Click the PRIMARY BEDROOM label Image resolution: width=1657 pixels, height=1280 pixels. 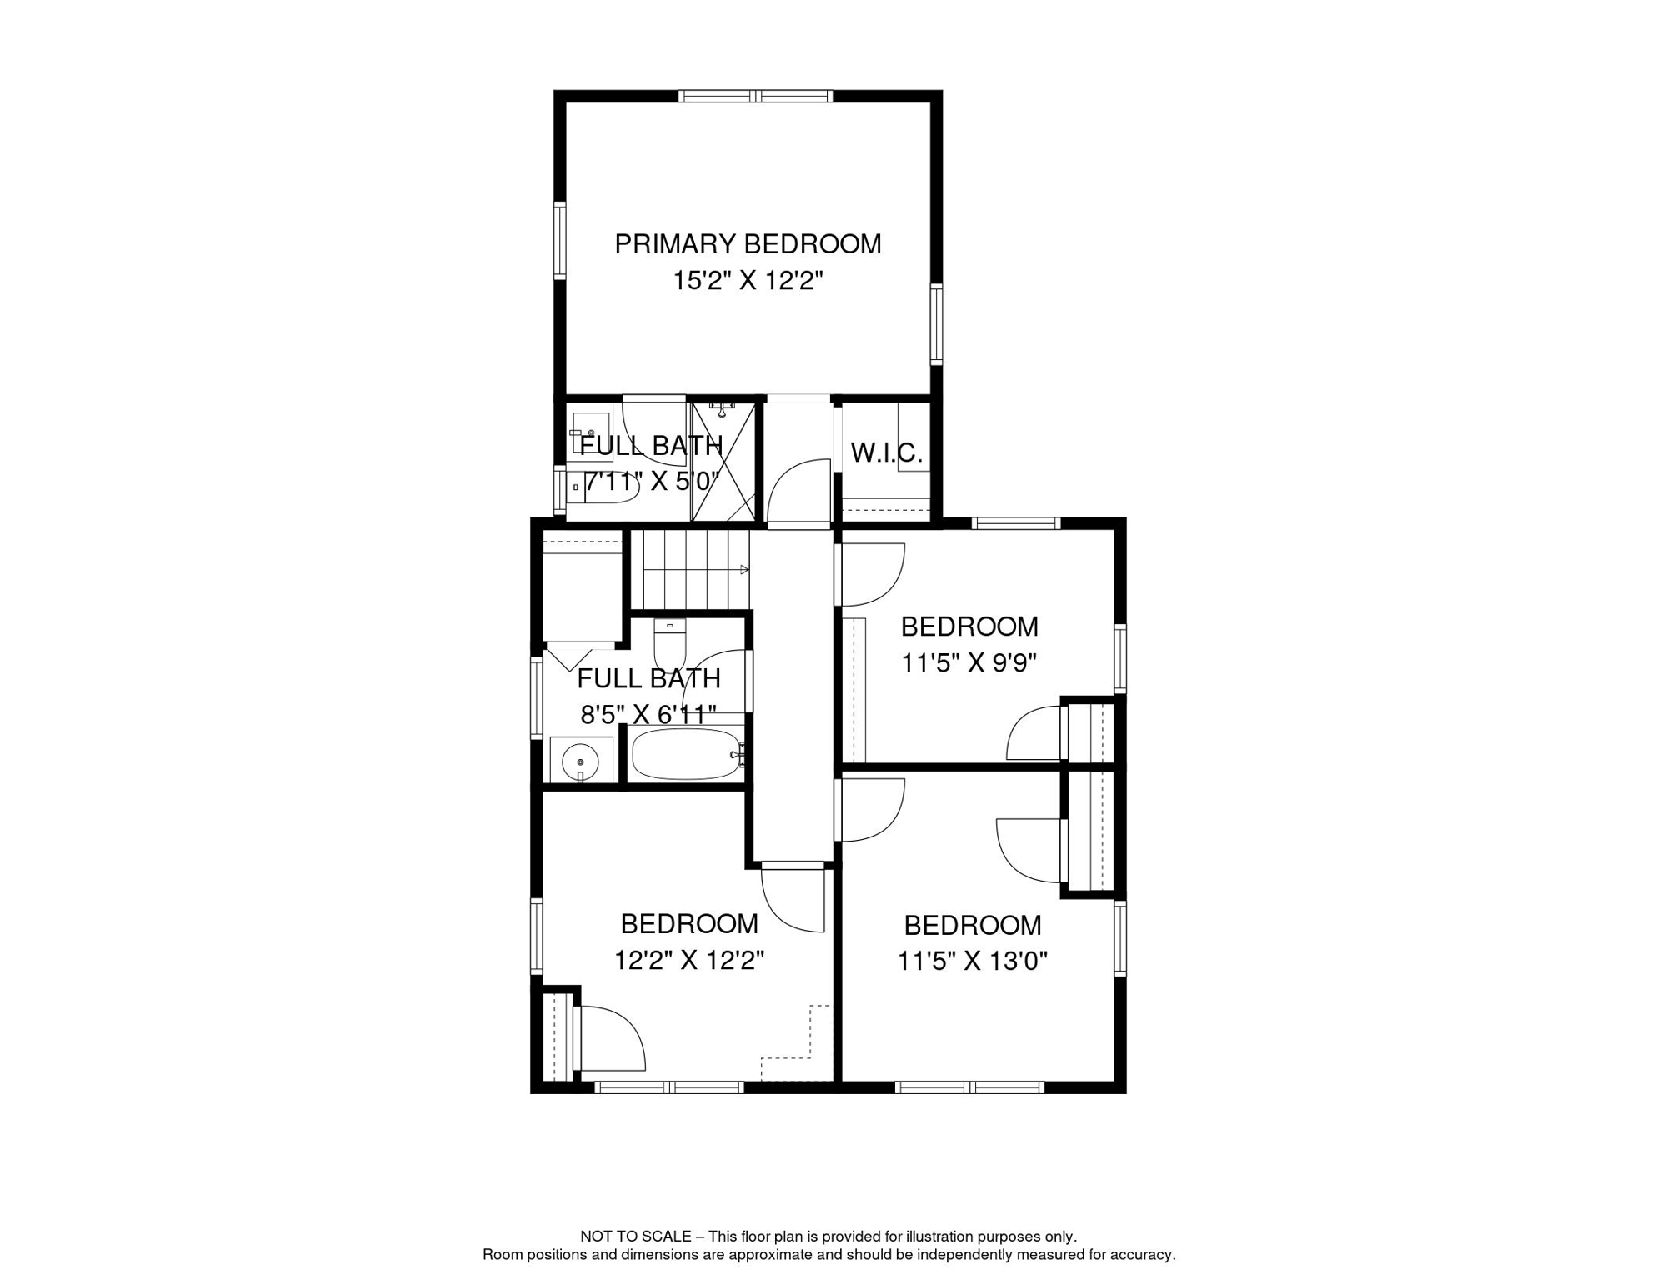pyautogui.click(x=748, y=244)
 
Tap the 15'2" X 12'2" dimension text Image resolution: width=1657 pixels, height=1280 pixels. pyautogui.click(x=748, y=281)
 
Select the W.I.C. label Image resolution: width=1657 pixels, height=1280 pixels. pyautogui.click(x=886, y=453)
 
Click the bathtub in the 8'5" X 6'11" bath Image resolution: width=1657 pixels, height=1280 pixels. pyautogui.click(x=687, y=754)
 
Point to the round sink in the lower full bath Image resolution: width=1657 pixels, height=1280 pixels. pyautogui.click(x=580, y=762)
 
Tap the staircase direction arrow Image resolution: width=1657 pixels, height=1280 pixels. pyautogui.click(x=743, y=570)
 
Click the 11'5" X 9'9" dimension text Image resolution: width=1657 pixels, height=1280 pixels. pyautogui.click(x=969, y=663)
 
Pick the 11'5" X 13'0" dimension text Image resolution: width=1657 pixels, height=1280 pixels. pyautogui.click(x=972, y=962)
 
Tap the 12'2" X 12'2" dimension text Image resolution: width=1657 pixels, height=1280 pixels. pyautogui.click(x=689, y=961)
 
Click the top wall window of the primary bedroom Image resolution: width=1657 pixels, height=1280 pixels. pyautogui.click(x=755, y=97)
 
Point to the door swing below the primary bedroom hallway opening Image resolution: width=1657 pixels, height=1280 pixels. pyautogui.click(x=798, y=491)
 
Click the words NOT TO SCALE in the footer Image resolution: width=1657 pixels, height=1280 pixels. pyautogui.click(x=636, y=1237)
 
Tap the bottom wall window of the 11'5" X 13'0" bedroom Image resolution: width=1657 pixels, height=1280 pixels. pyautogui.click(x=969, y=1087)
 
